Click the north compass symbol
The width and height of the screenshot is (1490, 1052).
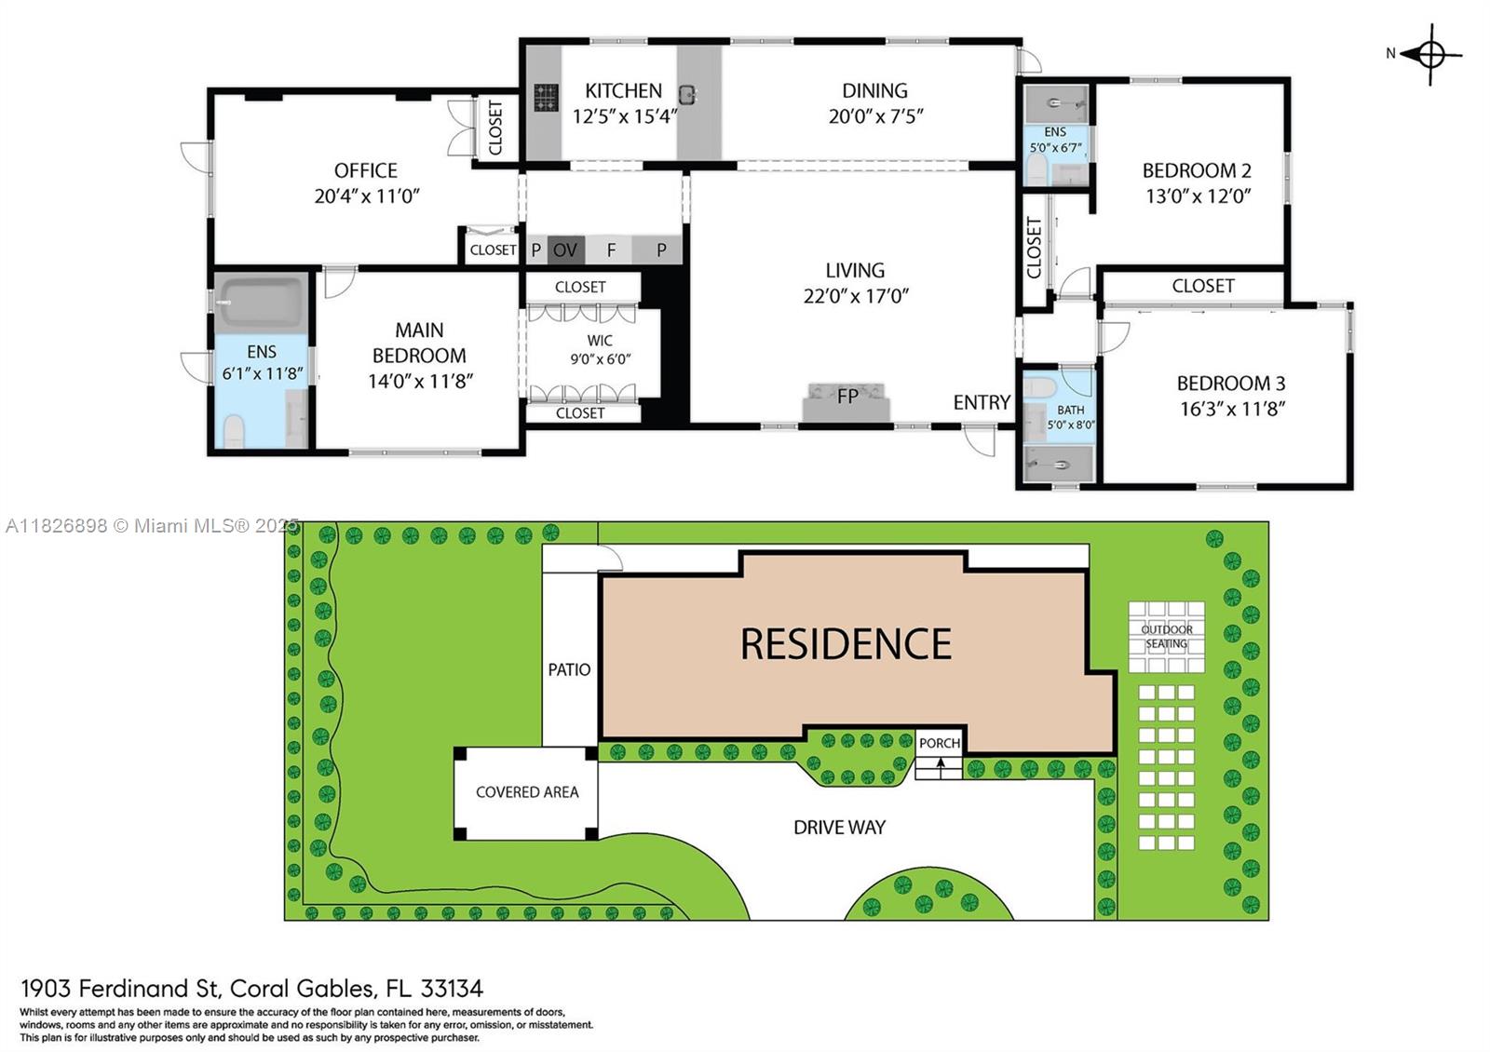click(1430, 55)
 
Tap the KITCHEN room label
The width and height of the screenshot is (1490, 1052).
click(623, 90)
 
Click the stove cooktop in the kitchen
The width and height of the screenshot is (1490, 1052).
click(546, 97)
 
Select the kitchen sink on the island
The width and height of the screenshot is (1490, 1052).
click(688, 94)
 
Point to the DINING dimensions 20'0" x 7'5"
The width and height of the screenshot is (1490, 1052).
click(875, 116)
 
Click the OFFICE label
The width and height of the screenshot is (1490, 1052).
click(366, 171)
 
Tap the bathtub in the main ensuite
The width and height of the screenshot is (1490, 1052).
click(262, 303)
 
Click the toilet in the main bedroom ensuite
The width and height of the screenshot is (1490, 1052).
click(233, 430)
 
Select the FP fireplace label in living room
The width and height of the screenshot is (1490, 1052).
click(847, 397)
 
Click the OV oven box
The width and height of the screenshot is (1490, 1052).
click(565, 250)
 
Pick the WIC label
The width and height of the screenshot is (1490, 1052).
click(600, 341)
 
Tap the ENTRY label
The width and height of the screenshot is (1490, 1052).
click(982, 402)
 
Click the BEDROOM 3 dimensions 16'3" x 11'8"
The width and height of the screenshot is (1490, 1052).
click(1232, 409)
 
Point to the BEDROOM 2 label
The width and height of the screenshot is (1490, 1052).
click(1197, 171)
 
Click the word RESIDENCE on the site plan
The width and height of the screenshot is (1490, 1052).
click(846, 643)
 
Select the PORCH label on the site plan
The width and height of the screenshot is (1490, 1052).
click(940, 743)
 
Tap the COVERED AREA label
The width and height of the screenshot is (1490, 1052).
click(527, 792)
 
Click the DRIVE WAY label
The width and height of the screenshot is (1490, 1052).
click(839, 828)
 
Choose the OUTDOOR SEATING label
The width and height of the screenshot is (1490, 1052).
click(1167, 637)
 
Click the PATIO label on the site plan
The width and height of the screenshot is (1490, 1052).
click(569, 669)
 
